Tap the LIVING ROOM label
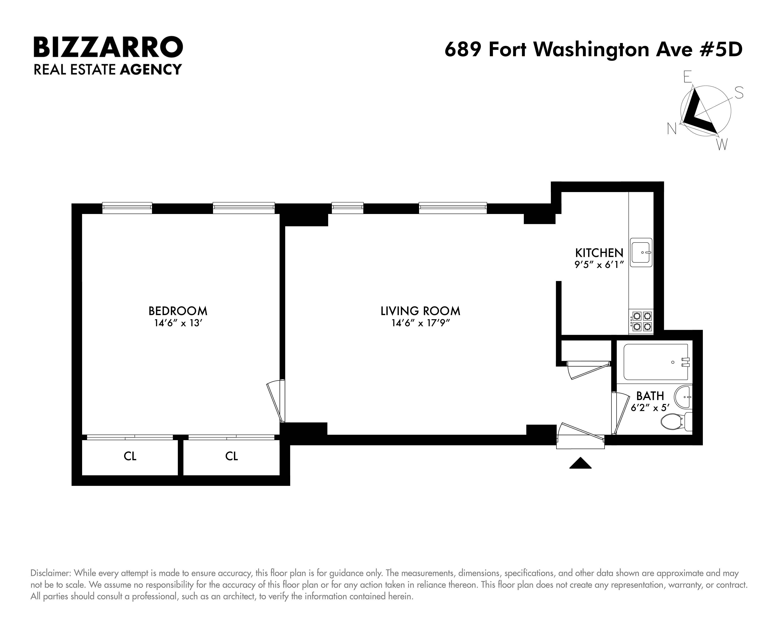point(420,311)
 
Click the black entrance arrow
point(580,464)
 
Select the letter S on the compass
point(739,93)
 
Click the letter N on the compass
point(672,128)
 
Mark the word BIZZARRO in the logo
point(108,47)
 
